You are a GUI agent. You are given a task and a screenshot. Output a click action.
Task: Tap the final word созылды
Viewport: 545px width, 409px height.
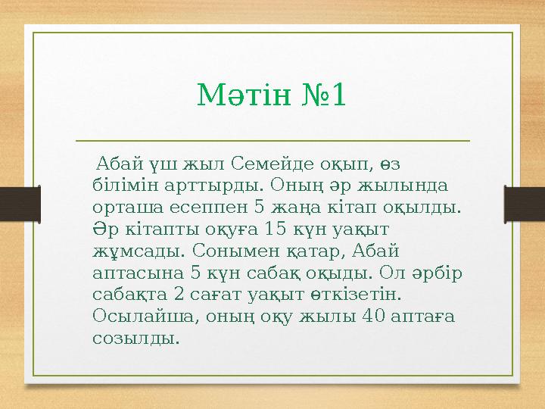(135, 337)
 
